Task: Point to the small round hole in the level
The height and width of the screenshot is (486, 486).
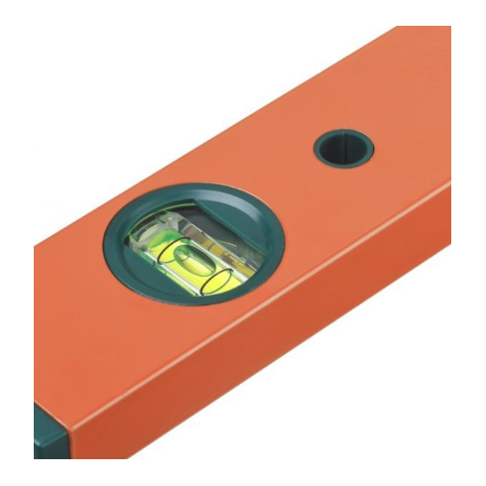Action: [342, 149]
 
